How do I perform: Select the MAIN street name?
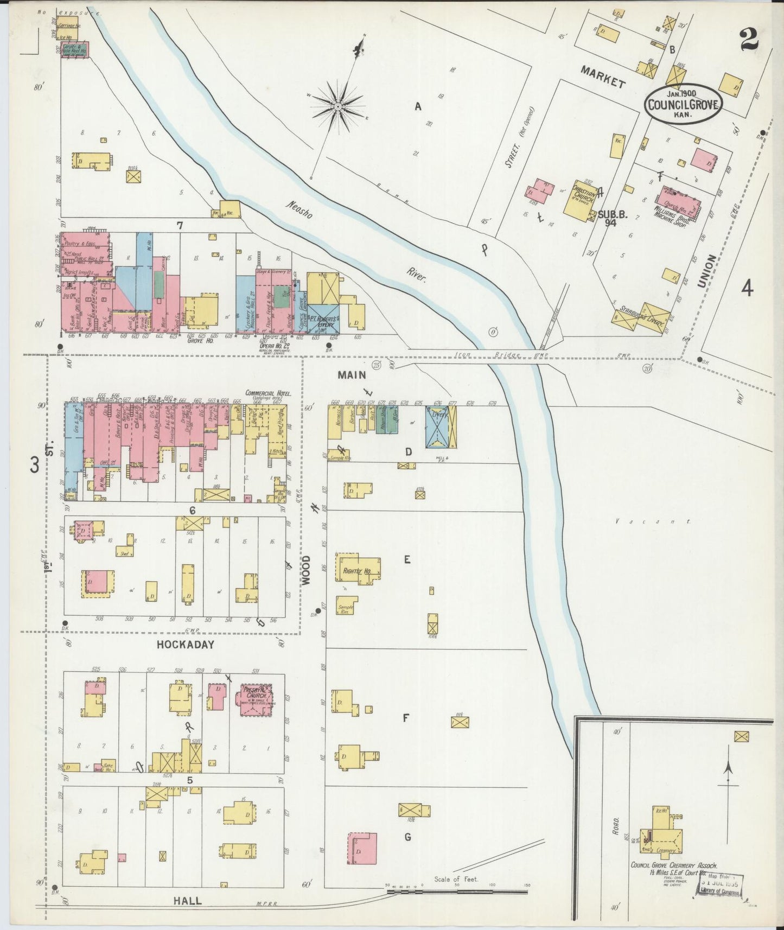(x=351, y=374)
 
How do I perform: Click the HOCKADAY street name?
(x=186, y=645)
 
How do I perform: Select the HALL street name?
(x=187, y=900)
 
